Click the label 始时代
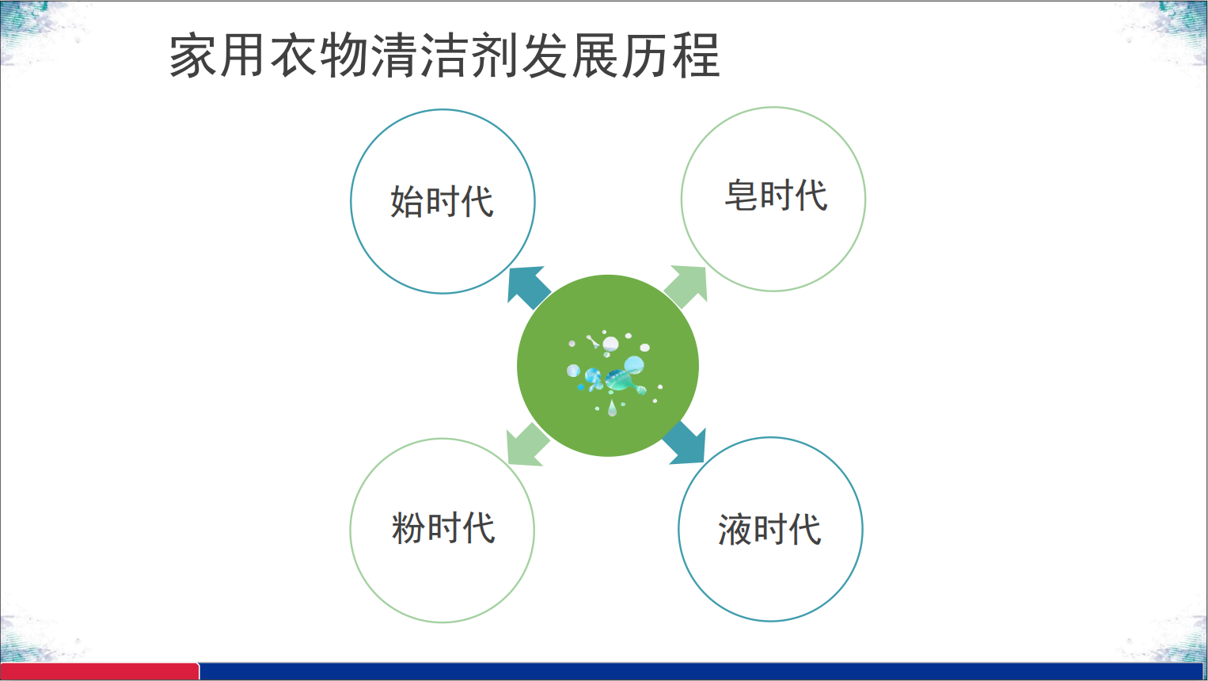(442, 201)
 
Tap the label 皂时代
(776, 195)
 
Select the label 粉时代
(443, 527)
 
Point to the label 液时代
(769, 529)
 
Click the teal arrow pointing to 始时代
(528, 287)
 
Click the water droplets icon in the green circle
(613, 372)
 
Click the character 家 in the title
(192, 55)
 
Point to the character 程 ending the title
(696, 55)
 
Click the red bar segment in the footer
(100, 671)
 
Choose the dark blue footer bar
(703, 671)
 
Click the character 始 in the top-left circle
(407, 201)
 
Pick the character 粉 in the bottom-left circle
(408, 527)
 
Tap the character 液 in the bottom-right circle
(735, 530)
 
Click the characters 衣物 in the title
(318, 55)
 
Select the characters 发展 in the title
(571, 55)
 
